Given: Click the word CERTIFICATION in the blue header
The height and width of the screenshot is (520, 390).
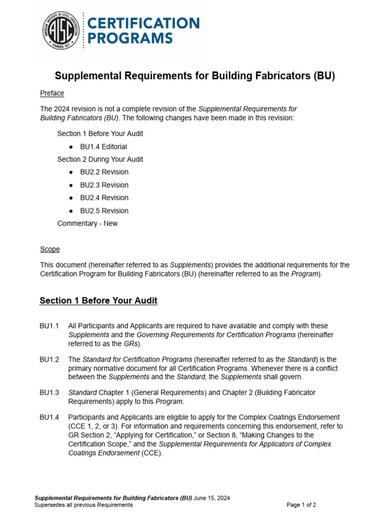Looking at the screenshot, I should tap(144, 23).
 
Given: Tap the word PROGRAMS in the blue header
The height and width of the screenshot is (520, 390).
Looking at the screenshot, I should tap(131, 38).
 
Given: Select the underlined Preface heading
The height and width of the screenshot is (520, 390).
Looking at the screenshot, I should tap(52, 93).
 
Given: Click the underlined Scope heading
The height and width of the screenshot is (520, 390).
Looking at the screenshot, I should tap(50, 249).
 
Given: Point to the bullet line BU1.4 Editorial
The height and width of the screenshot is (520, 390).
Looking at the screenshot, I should tap(104, 147).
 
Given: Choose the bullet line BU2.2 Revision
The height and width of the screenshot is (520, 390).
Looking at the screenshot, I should tap(104, 172).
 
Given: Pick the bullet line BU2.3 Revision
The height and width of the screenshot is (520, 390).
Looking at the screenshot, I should tap(104, 185).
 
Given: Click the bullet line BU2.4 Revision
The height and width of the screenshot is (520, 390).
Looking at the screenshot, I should tap(104, 198).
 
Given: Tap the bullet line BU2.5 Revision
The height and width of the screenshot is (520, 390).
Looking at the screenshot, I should tap(104, 211).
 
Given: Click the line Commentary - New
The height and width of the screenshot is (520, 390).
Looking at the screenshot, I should tap(87, 223).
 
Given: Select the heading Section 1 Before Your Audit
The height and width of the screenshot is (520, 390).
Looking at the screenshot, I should tap(99, 301).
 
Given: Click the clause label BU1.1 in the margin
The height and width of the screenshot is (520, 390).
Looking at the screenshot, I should tap(49, 326).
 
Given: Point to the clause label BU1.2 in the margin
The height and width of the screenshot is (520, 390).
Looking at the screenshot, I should tap(49, 359).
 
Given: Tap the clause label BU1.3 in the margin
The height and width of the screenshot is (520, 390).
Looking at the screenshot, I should tap(49, 393).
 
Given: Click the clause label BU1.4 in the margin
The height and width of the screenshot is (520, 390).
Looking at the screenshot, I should tap(49, 417).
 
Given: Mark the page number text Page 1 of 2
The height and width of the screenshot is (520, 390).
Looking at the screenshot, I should tap(301, 505).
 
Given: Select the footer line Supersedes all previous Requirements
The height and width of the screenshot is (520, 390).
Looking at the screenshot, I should tap(83, 505).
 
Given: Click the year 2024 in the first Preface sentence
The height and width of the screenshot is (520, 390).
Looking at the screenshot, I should tap(63, 109).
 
